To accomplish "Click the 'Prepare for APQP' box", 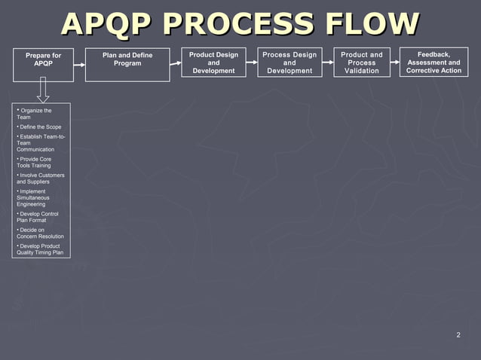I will (43, 61).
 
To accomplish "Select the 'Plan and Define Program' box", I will (127, 61).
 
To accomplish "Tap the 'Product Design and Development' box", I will (213, 63).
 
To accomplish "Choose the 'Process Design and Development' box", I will (289, 63).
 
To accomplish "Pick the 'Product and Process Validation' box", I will (362, 63).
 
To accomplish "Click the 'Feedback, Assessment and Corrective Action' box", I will (434, 63).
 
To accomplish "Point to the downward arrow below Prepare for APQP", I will (43, 90).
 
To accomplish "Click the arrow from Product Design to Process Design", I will (252, 63).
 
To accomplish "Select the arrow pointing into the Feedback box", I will (395, 63).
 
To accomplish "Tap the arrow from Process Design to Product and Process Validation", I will (326, 63).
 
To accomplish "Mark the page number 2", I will (458, 335).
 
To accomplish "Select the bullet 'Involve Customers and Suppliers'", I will (41, 178).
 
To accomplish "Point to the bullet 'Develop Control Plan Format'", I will (38, 217).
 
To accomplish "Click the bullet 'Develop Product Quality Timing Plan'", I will (41, 249).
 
